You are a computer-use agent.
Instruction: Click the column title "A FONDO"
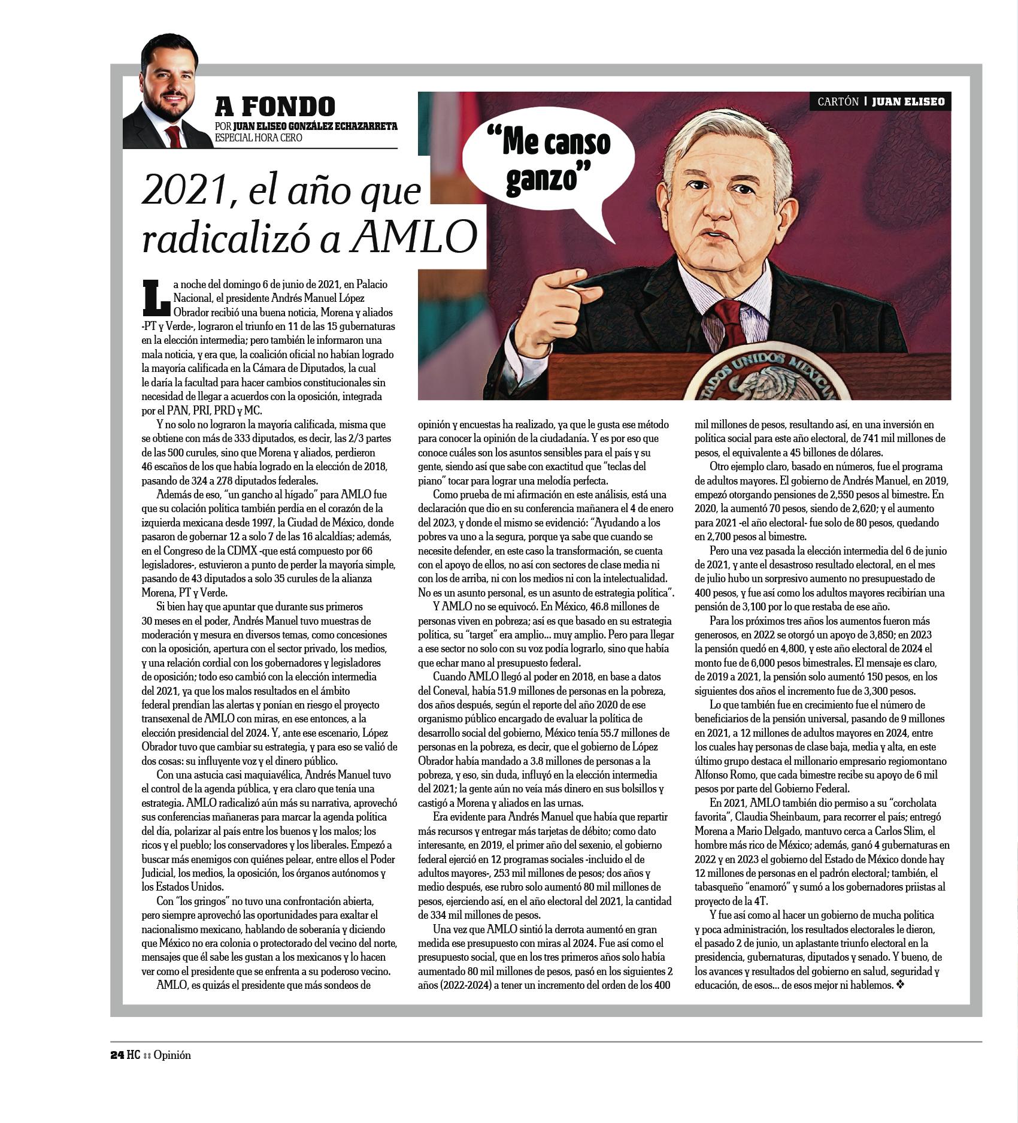[x=275, y=106]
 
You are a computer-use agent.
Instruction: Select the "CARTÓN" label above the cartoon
[x=838, y=102]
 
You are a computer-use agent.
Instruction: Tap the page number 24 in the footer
[x=117, y=1071]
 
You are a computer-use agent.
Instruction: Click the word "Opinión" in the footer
[x=172, y=1071]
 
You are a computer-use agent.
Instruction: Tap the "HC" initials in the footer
[x=133, y=1071]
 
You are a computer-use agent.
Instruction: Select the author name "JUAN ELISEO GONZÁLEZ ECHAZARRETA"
[x=315, y=126]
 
